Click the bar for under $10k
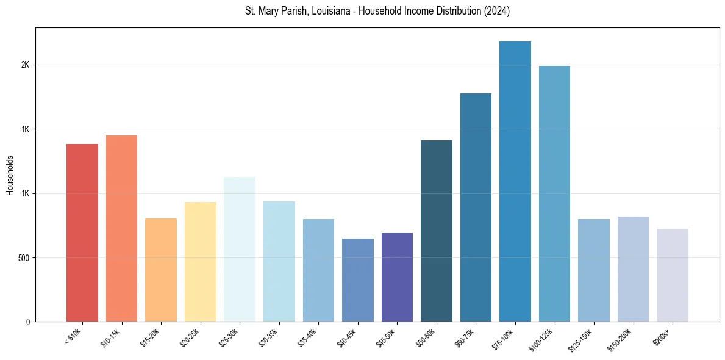pyautogui.click(x=82, y=232)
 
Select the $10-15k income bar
pyautogui.click(x=121, y=228)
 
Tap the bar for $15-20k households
pyautogui.click(x=161, y=270)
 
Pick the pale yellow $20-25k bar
pyautogui.click(x=200, y=262)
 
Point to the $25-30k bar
pyautogui.click(x=240, y=249)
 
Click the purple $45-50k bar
pyautogui.click(x=397, y=277)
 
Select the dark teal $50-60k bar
pyautogui.click(x=437, y=231)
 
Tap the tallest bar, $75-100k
pyautogui.click(x=515, y=181)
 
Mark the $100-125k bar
pyautogui.click(x=554, y=193)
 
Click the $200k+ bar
pyautogui.click(x=673, y=275)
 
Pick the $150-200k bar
pyautogui.click(x=633, y=269)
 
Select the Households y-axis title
pyautogui.click(x=10, y=175)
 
